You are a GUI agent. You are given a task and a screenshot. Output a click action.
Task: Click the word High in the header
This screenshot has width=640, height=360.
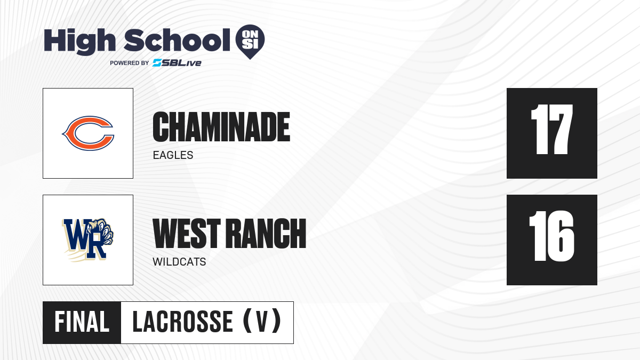[79, 42]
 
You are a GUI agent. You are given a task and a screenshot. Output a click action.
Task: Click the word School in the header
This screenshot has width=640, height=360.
[177, 40]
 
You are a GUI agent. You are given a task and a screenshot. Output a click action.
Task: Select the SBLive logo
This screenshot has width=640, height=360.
[177, 63]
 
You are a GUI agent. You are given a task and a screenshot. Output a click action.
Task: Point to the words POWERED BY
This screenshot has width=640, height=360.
[130, 63]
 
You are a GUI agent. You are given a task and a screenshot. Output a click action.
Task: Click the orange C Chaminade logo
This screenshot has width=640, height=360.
[88, 133]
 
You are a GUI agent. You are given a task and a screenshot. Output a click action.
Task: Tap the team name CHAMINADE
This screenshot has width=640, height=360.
[221, 127]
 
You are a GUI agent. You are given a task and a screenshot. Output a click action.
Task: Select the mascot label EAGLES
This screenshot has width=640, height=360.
[173, 155]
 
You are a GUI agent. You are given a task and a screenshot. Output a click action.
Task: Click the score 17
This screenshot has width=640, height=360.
[551, 129]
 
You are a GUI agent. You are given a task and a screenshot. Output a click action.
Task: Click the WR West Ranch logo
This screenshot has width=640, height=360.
[88, 240]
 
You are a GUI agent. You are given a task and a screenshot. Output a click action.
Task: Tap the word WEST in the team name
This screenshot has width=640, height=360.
[187, 234]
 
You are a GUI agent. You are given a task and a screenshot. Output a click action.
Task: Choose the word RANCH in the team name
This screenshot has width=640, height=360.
[266, 234]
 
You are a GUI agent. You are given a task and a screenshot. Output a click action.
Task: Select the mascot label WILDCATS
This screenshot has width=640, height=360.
[179, 262]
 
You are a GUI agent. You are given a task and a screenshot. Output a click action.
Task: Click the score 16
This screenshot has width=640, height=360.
[551, 236]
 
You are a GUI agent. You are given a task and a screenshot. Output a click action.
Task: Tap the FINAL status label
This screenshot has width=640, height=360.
[82, 322]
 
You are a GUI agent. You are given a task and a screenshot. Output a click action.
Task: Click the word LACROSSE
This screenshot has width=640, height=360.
[183, 322]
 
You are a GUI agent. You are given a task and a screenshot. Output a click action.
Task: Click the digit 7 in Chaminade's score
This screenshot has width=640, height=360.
[560, 129]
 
